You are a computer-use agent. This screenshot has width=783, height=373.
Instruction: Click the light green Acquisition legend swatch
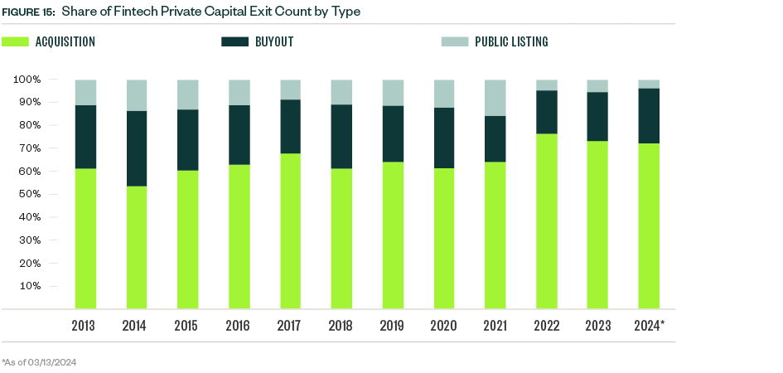(x=16, y=41)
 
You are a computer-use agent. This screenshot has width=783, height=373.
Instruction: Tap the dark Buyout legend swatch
(x=235, y=41)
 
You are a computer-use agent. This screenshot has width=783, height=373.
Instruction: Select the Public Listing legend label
(x=511, y=41)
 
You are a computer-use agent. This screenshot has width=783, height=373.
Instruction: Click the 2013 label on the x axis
(x=85, y=326)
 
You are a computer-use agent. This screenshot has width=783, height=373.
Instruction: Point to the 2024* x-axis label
(x=649, y=326)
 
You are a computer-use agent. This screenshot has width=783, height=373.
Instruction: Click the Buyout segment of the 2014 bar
(x=137, y=148)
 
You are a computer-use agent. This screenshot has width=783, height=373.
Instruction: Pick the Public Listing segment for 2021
(x=495, y=98)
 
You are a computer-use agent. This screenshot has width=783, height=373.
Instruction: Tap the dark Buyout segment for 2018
(x=341, y=137)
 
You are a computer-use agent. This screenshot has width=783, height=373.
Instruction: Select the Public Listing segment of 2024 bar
(x=649, y=84)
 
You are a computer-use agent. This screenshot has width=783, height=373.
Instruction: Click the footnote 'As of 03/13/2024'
(x=39, y=362)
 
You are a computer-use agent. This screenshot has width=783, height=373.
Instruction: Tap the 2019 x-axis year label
(x=393, y=326)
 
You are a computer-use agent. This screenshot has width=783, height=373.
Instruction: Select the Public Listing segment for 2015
(x=188, y=94)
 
